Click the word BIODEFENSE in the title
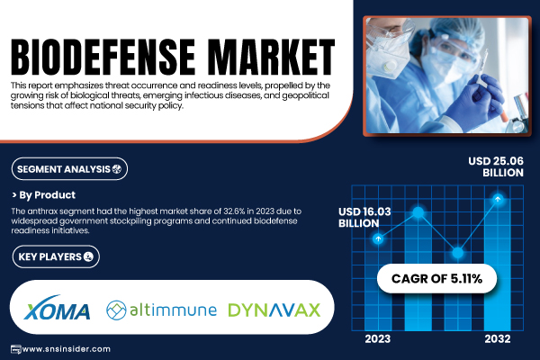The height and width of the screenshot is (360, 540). [x=103, y=57]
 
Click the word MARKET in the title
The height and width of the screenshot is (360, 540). [x=272, y=57]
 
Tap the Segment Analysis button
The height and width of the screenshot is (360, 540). [x=69, y=169]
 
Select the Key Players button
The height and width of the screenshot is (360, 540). [x=56, y=256]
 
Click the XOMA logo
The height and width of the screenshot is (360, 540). [x=58, y=308]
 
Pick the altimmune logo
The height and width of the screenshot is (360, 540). [x=161, y=310]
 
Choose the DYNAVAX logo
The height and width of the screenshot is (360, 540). [x=274, y=310]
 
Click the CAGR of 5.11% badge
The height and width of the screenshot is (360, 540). [x=436, y=279]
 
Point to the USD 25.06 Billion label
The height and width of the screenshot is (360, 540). [x=496, y=166]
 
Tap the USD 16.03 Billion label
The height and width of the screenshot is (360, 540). [x=364, y=218]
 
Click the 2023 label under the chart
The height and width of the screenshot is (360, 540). [x=378, y=339]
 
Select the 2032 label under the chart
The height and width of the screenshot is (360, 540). [x=498, y=339]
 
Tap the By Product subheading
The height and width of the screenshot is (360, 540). [x=44, y=195]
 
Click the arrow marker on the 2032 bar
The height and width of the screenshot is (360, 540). [x=498, y=199]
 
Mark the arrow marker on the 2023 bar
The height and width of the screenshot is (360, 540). [x=378, y=238]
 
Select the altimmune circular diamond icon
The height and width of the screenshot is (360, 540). [x=116, y=310]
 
